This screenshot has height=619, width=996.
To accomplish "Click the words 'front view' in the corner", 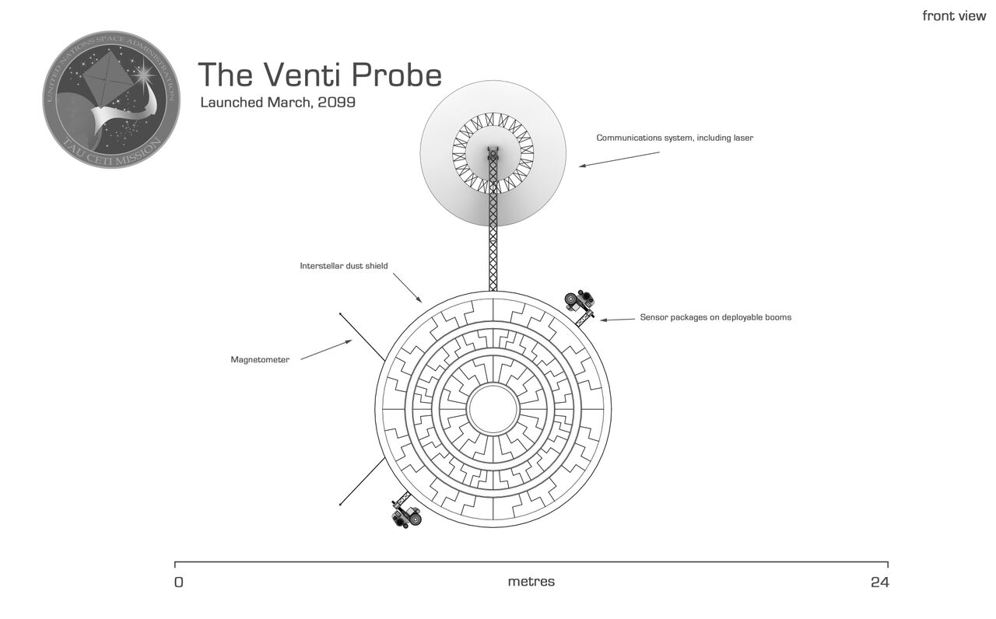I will tap(954, 16).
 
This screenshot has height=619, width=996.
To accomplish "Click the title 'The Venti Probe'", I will tap(320, 75).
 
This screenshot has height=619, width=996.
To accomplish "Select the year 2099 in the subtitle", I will tap(336, 103).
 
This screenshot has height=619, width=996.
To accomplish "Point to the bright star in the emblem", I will tap(145, 75).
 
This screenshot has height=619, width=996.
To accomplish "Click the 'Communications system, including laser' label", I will tap(675, 138).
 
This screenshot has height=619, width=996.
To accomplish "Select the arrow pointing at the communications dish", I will tap(619, 159).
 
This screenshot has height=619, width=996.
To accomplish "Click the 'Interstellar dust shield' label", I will tap(344, 266).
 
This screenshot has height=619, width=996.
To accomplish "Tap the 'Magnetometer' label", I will tap(260, 360).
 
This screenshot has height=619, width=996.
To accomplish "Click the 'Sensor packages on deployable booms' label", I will tap(715, 317).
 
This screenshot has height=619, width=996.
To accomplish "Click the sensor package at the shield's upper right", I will tap(580, 300).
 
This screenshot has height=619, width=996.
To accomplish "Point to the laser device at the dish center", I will tap(492, 152).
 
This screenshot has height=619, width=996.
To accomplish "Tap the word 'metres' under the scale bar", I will tap(531, 582).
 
